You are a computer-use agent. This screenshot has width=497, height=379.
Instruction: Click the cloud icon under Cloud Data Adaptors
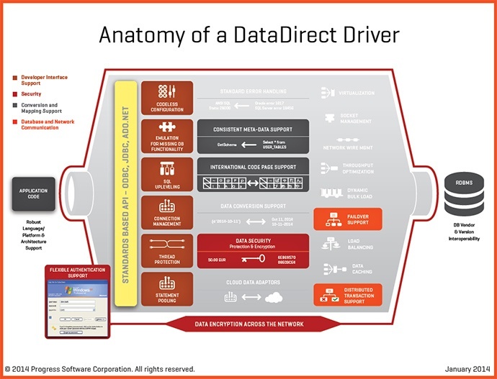point(273,297)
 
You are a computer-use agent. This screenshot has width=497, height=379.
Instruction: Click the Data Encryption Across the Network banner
point(249,324)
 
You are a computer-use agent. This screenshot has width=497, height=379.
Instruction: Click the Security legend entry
point(31,93)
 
